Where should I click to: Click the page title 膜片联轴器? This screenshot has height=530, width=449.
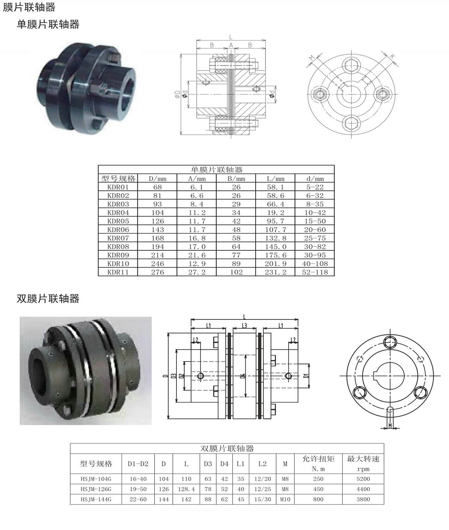(29, 7)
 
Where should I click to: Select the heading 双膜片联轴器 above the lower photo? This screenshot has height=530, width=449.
(48, 299)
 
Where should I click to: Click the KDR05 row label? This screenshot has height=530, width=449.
(118, 221)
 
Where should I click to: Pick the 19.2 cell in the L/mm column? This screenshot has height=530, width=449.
(275, 213)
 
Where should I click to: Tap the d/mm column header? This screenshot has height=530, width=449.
(315, 178)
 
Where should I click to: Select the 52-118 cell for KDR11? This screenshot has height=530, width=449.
(315, 272)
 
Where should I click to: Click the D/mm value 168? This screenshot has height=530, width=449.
(157, 238)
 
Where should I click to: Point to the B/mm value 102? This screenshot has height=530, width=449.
(236, 272)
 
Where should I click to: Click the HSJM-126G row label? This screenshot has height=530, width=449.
(96, 489)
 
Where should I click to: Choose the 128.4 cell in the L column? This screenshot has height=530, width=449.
(186, 489)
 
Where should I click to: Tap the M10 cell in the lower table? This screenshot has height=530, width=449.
(285, 500)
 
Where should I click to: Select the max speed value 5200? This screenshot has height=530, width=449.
(363, 479)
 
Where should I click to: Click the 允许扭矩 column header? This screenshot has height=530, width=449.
(318, 459)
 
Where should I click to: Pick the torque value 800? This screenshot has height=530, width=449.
(318, 500)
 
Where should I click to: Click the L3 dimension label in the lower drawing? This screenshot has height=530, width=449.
(244, 326)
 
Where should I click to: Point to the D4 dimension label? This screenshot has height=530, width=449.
(243, 376)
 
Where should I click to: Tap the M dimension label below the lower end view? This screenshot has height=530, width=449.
(390, 426)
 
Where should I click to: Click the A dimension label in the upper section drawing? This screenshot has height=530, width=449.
(231, 45)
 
